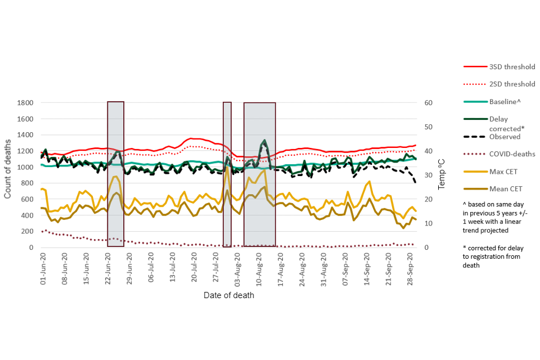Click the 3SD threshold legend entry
(x=512, y=66)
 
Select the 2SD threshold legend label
(x=512, y=84)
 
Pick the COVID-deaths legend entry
(x=512, y=154)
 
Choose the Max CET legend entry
(x=504, y=171)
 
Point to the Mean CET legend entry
(x=506, y=188)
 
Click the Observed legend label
(x=505, y=136)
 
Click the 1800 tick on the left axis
(x=25, y=103)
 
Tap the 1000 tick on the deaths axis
(x=25, y=168)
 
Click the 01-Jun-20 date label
(x=43, y=271)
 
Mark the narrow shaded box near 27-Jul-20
(x=227, y=174)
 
